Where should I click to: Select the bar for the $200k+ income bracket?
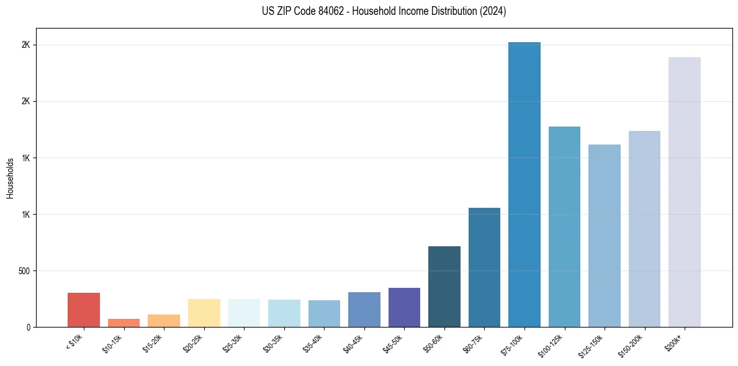click(x=685, y=192)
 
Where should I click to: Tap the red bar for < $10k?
click(x=84, y=310)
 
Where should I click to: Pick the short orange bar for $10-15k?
click(x=124, y=323)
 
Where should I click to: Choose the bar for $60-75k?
click(x=484, y=267)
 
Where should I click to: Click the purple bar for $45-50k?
click(x=404, y=307)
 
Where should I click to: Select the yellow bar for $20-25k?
click(x=204, y=313)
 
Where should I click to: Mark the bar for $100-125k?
click(x=564, y=226)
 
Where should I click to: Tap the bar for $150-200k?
click(x=644, y=229)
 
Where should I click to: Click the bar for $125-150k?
click(x=605, y=236)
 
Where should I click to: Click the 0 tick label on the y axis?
click(x=28, y=328)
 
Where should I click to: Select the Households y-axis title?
click(x=10, y=178)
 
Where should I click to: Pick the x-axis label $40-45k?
click(x=353, y=342)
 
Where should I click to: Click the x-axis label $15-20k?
click(x=153, y=342)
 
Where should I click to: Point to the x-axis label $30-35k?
click(x=273, y=342)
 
